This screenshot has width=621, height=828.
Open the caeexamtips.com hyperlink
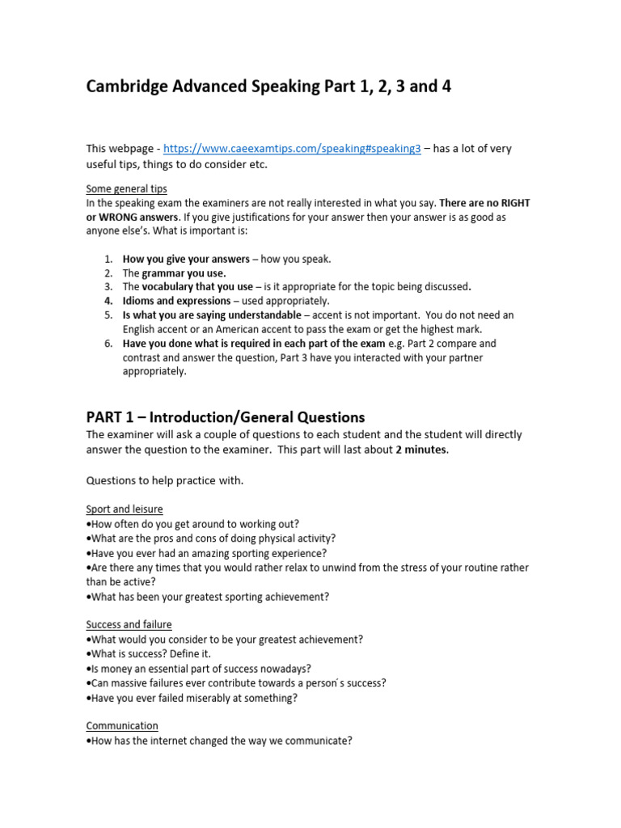coord(292,149)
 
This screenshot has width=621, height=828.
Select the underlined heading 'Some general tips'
coord(127,188)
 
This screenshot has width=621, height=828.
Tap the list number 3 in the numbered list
coord(108,287)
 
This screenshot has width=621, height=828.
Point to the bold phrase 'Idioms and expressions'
coord(176,301)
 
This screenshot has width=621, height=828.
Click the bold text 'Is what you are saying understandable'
coord(212,315)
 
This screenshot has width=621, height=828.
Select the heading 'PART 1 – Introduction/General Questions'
coord(226,417)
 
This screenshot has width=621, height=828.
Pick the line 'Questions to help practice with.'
coord(165,480)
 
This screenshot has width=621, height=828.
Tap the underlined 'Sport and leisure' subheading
coord(125,509)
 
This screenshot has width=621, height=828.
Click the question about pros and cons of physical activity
coord(211,539)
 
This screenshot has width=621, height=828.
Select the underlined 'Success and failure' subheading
coord(129,625)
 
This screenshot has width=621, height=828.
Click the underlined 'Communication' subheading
coord(122,726)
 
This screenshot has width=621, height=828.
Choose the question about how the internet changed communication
coord(219,741)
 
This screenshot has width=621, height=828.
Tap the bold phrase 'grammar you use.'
coord(184,273)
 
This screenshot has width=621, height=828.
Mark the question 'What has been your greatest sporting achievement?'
coord(208,597)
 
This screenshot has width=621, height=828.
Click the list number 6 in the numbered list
coord(108,343)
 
